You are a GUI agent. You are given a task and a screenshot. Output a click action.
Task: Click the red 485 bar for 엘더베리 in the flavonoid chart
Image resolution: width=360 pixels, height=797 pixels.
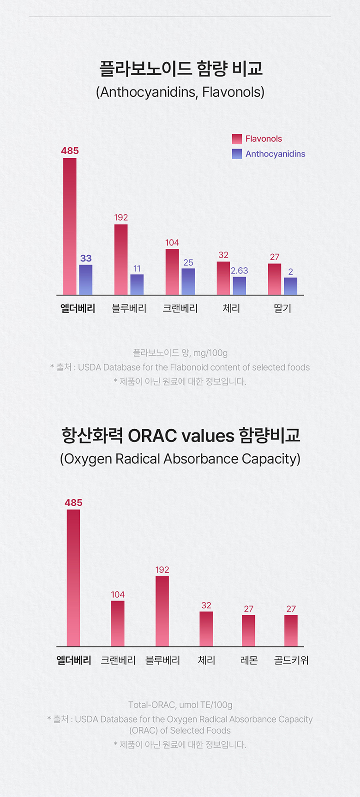pyautogui.click(x=70, y=226)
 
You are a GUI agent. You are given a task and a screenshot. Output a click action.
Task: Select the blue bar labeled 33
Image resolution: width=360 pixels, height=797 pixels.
pyautogui.click(x=86, y=280)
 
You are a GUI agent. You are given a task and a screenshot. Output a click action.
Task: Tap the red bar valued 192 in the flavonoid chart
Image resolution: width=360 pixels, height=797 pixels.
pyautogui.click(x=121, y=259)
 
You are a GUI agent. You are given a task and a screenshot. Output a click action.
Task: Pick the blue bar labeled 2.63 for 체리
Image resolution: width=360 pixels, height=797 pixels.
pyautogui.click(x=239, y=286)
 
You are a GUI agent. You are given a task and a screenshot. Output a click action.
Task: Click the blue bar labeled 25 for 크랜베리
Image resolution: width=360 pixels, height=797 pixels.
pyautogui.click(x=188, y=282)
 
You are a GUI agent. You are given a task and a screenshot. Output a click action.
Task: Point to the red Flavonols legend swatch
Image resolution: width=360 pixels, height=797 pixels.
pyautogui.click(x=237, y=139)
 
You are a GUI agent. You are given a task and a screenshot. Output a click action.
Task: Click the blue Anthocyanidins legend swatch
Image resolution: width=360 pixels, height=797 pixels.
pyautogui.click(x=237, y=154)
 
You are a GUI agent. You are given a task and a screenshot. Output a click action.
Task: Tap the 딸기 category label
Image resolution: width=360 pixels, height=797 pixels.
pyautogui.click(x=282, y=308)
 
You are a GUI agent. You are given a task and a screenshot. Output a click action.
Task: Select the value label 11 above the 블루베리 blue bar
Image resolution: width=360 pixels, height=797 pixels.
pyautogui.click(x=137, y=269)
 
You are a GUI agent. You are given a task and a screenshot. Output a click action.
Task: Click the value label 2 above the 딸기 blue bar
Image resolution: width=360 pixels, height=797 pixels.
pyautogui.click(x=290, y=272)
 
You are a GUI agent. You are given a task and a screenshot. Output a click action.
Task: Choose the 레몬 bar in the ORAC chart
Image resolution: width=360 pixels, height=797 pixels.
pyautogui.click(x=249, y=630)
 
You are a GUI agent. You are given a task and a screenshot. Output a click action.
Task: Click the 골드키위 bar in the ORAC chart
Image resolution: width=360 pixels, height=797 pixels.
pyautogui.click(x=291, y=630)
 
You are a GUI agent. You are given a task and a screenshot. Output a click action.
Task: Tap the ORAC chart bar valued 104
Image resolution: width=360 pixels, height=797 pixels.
pyautogui.click(x=118, y=623)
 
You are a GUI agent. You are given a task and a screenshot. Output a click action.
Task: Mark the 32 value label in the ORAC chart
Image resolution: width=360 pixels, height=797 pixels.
pyautogui.click(x=206, y=605)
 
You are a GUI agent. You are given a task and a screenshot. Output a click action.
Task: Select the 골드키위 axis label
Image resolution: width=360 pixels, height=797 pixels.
pyautogui.click(x=291, y=660)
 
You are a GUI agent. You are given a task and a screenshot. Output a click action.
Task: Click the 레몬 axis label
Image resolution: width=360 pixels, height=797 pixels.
pyautogui.click(x=249, y=660)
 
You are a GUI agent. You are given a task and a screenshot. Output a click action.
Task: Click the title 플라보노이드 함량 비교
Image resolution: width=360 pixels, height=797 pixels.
pyautogui.click(x=180, y=69)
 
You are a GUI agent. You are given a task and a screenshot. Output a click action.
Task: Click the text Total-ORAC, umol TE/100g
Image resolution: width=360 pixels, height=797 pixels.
pyautogui.click(x=180, y=705)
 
